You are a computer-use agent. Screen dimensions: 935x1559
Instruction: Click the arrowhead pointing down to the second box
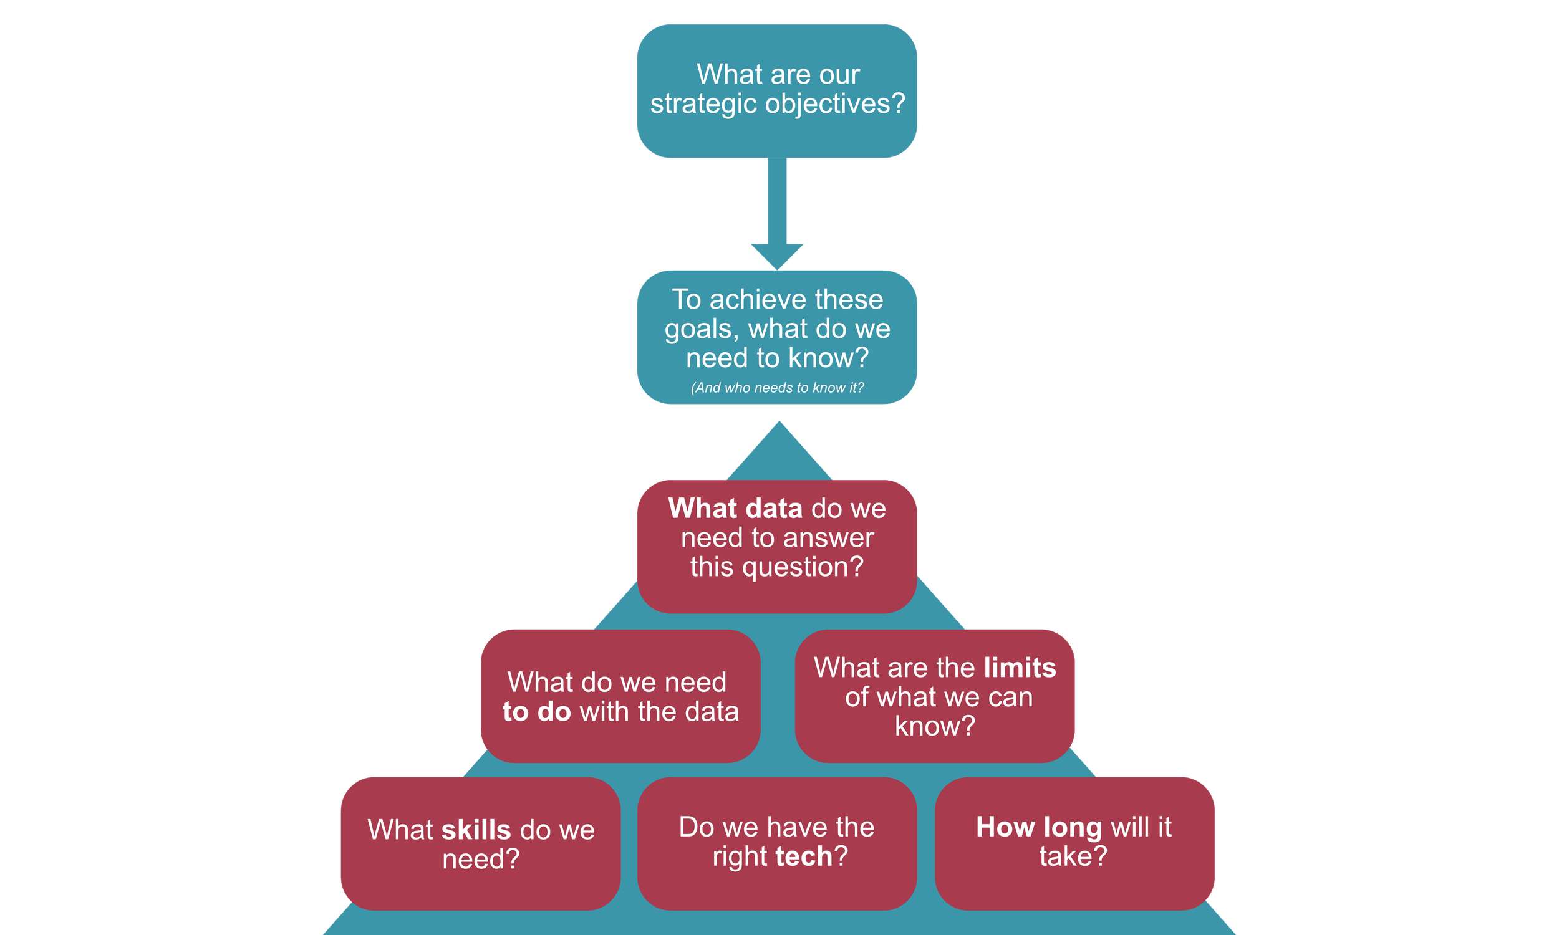click(x=777, y=255)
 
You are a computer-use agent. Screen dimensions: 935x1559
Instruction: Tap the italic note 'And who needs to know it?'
click(x=777, y=388)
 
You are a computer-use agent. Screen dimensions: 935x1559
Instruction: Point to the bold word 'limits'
click(x=1020, y=668)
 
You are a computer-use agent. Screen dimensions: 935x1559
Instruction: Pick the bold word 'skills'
click(x=476, y=830)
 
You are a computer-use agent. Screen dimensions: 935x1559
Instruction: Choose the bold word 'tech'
click(x=804, y=856)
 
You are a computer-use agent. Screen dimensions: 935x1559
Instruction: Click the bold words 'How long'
click(x=1039, y=827)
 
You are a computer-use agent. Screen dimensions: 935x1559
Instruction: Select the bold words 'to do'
click(x=537, y=712)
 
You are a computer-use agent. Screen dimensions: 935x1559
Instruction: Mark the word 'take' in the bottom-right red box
click(x=1066, y=856)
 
